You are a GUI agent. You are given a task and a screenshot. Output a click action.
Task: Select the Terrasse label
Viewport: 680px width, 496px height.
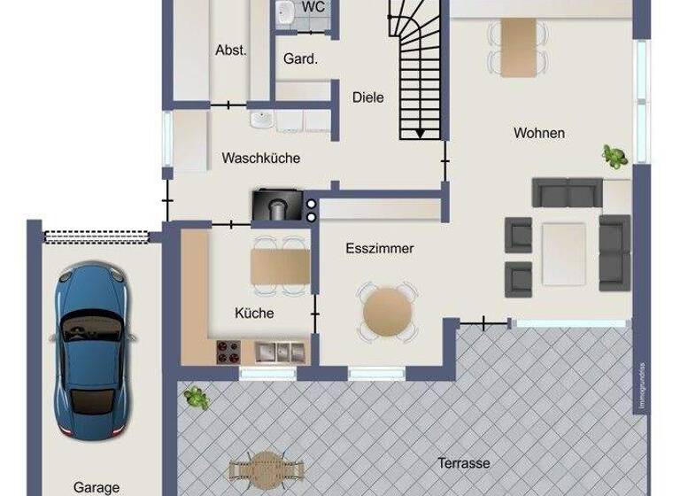tap(464, 462)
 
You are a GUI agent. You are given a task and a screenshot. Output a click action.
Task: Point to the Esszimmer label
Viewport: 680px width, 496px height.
tap(380, 249)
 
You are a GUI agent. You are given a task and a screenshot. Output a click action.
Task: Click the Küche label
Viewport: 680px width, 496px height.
tap(254, 313)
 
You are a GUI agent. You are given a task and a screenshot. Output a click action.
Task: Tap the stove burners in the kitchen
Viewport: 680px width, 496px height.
tap(229, 352)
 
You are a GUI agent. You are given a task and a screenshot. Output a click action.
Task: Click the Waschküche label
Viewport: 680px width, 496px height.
tap(261, 159)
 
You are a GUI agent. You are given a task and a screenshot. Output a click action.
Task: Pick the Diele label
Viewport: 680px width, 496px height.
tap(368, 97)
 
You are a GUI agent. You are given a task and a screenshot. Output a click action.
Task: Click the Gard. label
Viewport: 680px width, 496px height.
tap(300, 59)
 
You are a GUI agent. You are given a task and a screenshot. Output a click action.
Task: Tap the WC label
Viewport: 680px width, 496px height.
tap(313, 6)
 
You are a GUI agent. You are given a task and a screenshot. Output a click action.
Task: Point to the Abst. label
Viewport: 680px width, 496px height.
tap(231, 50)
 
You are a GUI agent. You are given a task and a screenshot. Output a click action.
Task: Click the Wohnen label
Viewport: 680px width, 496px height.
tap(539, 133)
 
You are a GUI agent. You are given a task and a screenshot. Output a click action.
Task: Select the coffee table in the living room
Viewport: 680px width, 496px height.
tap(564, 253)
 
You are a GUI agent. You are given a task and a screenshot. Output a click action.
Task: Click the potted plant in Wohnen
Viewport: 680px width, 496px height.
tap(614, 157)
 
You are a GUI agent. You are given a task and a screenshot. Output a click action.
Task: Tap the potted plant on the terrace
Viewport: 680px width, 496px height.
tap(196, 398)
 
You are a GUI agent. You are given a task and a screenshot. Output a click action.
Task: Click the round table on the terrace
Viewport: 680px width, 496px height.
tap(265, 468)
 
